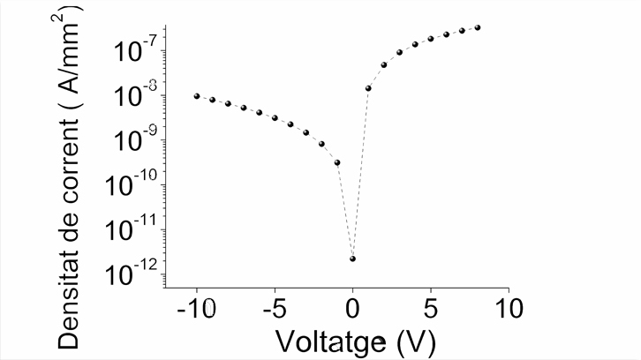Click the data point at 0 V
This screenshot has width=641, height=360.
352,259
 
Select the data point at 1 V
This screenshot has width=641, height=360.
368,88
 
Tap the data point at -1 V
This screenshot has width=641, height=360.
337,162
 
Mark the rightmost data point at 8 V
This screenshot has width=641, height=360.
478,27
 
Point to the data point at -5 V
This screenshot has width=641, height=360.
275,117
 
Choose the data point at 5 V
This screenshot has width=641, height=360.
431,39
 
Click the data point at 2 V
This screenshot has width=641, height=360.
384,64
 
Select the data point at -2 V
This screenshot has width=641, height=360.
321,144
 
